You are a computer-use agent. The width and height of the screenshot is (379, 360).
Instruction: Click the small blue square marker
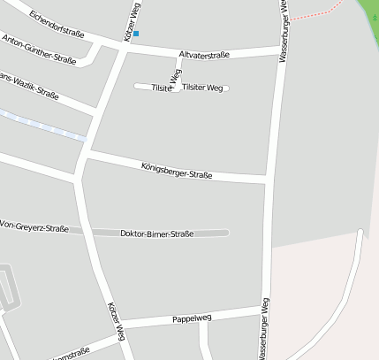tap(136, 34)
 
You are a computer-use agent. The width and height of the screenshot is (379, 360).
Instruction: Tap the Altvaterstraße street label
tap(204, 55)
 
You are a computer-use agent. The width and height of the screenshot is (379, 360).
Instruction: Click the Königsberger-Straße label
tap(177, 170)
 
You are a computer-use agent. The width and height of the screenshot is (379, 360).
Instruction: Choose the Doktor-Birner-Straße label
tap(156, 234)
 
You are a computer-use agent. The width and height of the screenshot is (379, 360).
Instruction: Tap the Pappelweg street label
tap(192, 318)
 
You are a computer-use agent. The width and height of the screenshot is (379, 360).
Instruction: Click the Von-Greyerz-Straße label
tap(34, 227)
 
